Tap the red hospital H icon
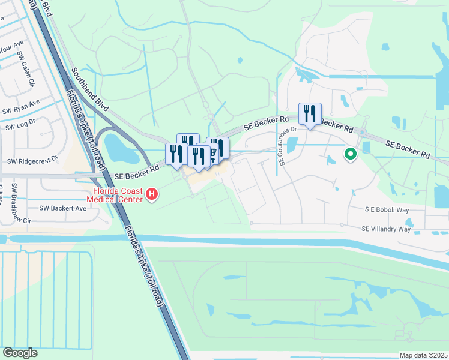[x=152, y=194]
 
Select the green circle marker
[x=351, y=155]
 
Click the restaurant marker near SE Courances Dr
[x=310, y=113]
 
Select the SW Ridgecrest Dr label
[x=32, y=161]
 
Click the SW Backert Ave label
[x=63, y=208]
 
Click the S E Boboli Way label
[x=387, y=211]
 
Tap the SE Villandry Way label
[x=386, y=229]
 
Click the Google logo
[x=20, y=353]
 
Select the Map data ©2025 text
[x=423, y=355]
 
